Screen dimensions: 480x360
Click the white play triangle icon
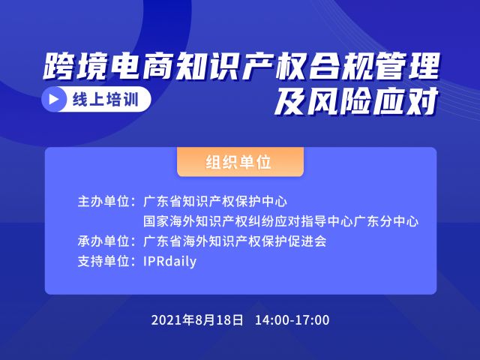(54, 99)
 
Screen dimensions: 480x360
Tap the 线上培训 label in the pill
(106, 99)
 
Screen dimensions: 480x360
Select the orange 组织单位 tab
(240, 162)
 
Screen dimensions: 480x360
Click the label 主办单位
(103, 202)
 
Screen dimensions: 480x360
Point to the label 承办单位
(103, 241)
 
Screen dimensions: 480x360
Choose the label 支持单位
(103, 262)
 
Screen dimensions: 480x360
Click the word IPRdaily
(170, 262)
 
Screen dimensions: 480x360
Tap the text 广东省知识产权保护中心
(215, 202)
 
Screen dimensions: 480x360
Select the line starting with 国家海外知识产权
(280, 221)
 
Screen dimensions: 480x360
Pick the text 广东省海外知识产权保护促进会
(235, 241)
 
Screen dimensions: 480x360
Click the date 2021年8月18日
(197, 320)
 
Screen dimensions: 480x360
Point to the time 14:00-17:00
(292, 320)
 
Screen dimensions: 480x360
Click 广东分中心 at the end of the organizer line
(385, 221)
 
